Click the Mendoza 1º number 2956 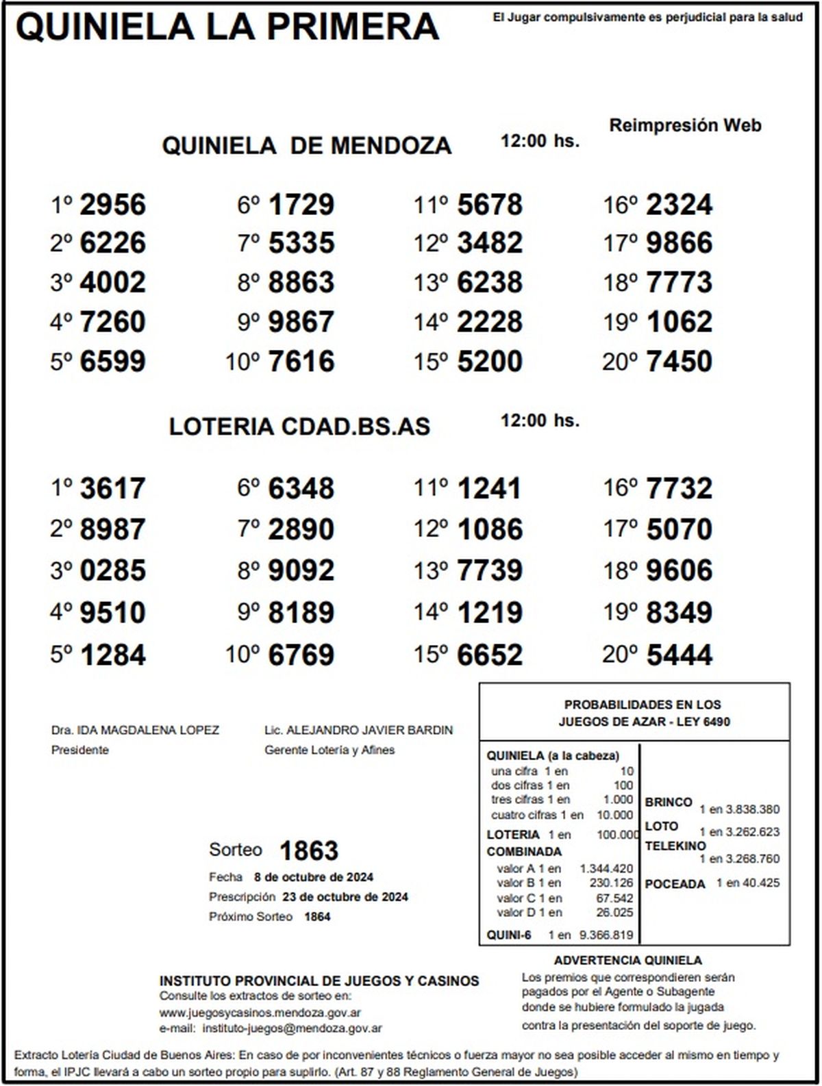point(113,205)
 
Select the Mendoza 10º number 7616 point(301,362)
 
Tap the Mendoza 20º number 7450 point(680,362)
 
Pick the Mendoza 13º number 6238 point(490,282)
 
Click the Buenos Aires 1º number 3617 point(113,489)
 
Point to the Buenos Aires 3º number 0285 point(113,570)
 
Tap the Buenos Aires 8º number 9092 point(301,570)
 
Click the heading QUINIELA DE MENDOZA point(307,146)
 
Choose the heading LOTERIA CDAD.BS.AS point(299,427)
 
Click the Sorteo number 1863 point(309,851)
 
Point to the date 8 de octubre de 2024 point(314,877)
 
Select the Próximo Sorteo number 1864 point(317,917)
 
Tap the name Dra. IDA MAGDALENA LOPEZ point(135,730)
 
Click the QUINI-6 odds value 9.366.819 point(606,935)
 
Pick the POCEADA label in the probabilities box point(675,884)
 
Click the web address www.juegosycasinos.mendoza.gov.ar point(260,1013)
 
